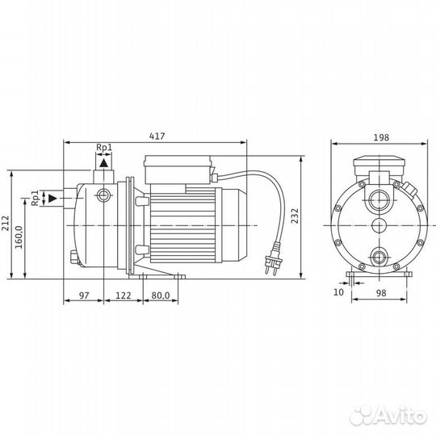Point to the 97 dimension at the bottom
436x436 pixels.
tap(83, 296)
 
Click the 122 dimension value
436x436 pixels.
tap(124, 296)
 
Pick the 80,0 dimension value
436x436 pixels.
tap(160, 296)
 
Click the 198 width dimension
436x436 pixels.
tap(379, 137)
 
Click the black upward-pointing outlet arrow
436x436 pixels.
tap(103, 163)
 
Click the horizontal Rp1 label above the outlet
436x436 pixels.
tap(103, 148)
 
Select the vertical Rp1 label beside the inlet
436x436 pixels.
tap(35, 198)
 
